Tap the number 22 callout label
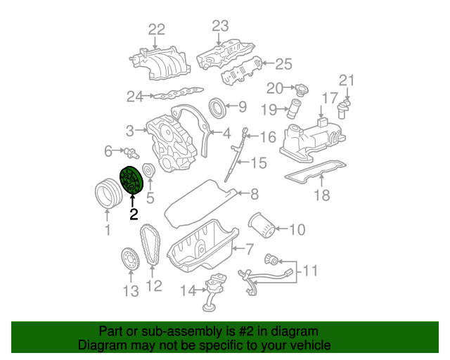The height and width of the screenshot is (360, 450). [156, 29]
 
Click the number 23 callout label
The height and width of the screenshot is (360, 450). [221, 26]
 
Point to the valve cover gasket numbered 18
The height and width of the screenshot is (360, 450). [316, 172]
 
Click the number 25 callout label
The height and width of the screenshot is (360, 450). [283, 65]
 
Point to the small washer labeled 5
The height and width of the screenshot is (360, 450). [148, 170]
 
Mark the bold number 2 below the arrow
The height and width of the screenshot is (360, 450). [134, 214]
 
